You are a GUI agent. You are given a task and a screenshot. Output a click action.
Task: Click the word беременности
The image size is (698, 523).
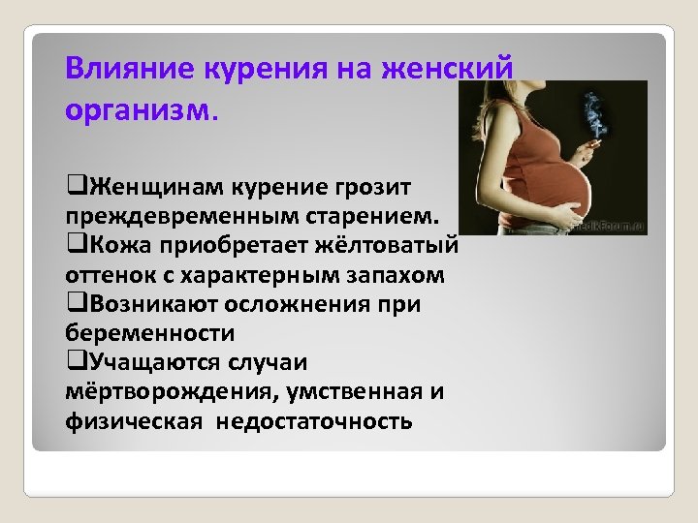150,332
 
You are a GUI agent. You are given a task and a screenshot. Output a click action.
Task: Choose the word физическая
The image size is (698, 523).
135,421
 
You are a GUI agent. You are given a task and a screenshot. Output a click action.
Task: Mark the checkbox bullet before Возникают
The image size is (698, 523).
74,302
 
